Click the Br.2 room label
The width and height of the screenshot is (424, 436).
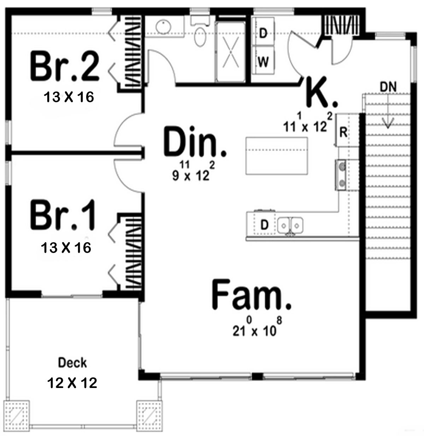65,66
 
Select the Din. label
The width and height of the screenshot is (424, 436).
195,142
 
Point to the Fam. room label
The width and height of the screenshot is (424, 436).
251,294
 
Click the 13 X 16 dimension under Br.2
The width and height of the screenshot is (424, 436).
69,97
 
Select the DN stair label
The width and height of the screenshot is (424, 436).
388,87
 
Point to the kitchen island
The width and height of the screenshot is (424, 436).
276,156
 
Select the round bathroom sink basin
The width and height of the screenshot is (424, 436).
163,27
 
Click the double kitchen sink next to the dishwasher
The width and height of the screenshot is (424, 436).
290,225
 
